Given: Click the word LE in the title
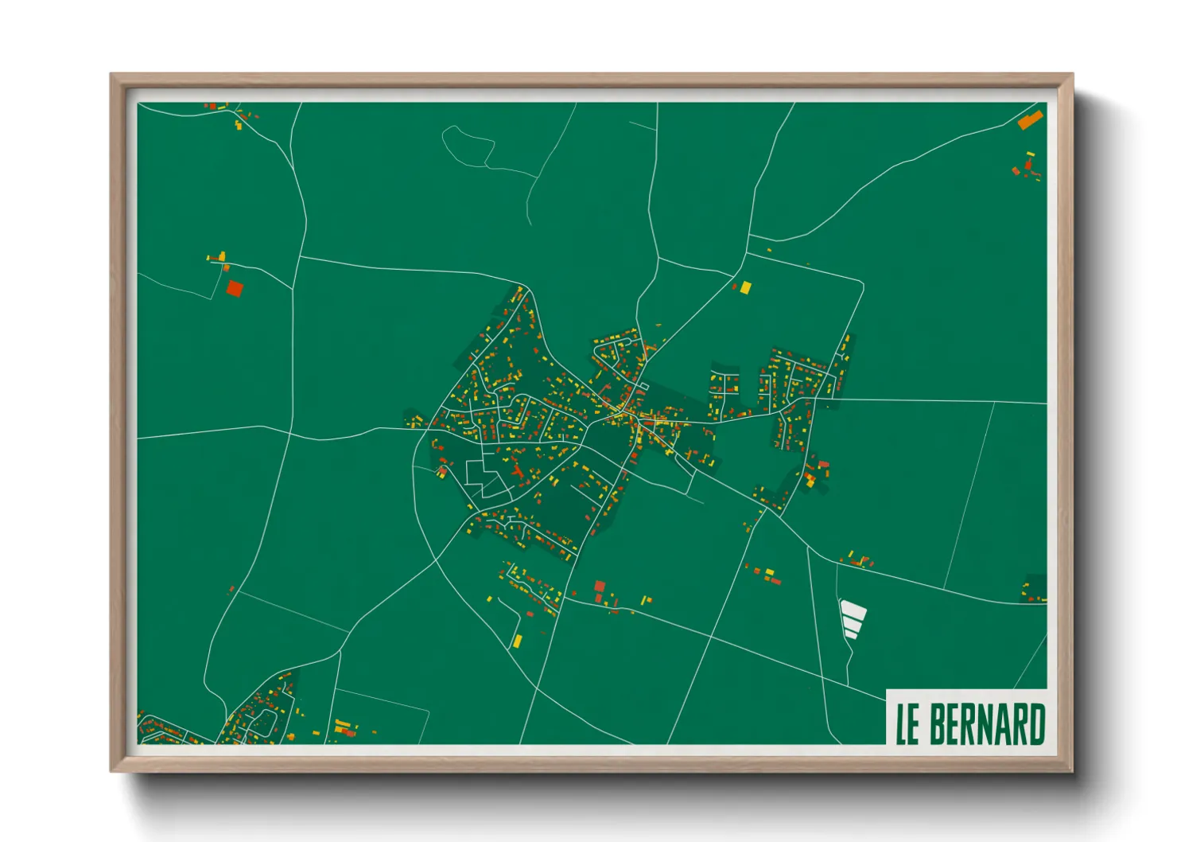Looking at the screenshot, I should tap(907, 724).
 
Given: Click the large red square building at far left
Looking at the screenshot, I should tap(234, 288).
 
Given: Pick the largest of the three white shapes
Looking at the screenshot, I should tap(853, 610).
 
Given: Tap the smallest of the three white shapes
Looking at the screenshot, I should tap(850, 633).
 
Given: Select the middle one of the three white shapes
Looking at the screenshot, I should tap(853, 623).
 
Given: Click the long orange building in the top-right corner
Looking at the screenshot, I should tap(1030, 120).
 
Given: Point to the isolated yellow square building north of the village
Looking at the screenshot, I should tap(745, 287).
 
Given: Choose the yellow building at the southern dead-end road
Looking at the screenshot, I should tap(517, 640).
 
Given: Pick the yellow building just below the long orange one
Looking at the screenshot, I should tap(1031, 154).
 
